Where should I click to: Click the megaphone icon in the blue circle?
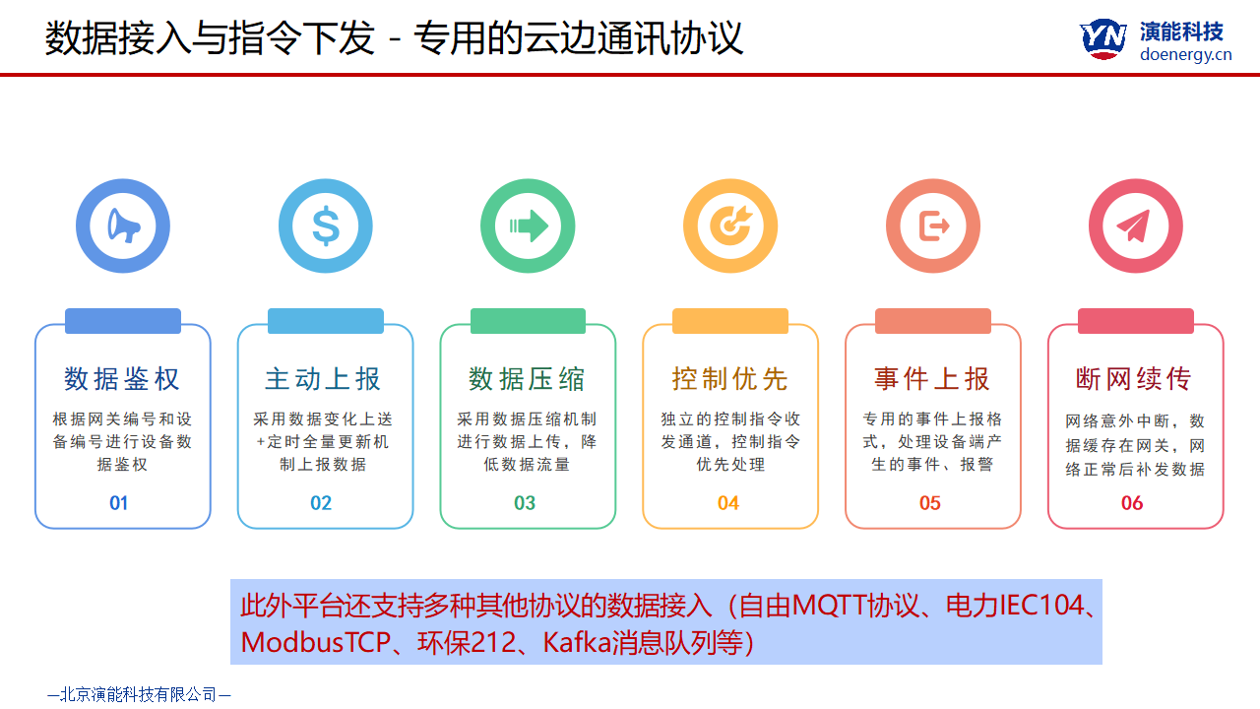pos(123,226)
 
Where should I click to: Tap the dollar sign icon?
pos(326,226)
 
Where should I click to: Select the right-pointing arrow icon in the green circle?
pos(529,226)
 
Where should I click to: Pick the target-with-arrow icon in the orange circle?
pos(730,226)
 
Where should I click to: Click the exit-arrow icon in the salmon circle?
pos(934,226)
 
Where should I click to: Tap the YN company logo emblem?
pos(1102,38)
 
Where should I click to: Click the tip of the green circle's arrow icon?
pos(548,226)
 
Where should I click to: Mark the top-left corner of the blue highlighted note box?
pos(230,580)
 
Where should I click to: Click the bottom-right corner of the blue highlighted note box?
pos(1102,664)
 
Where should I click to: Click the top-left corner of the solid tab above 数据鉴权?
pos(65,308)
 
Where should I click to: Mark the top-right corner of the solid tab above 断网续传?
pos(1194,308)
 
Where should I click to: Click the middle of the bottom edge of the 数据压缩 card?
pos(528,528)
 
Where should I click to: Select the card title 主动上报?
pos(323,379)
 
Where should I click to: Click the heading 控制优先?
pos(730,379)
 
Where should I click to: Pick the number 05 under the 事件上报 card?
pos(930,503)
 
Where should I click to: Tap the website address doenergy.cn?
pos(1186,54)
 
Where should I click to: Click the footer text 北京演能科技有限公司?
pos(139,694)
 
